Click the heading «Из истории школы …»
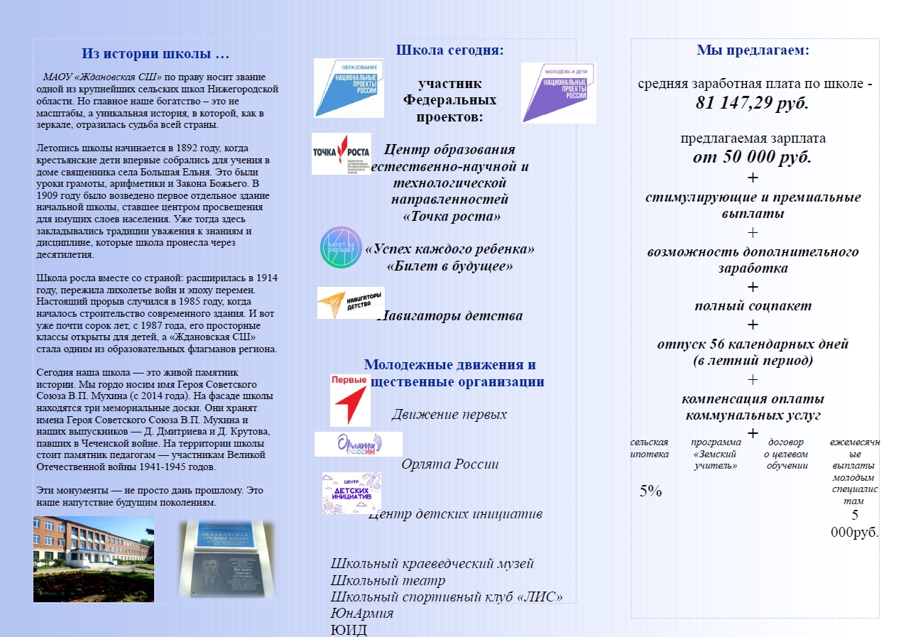click(155, 54)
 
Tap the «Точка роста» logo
click(341, 153)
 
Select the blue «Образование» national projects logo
click(349, 88)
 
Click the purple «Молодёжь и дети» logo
click(558, 92)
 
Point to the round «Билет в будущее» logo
click(341, 247)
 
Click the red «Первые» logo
click(349, 400)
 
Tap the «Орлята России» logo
click(358, 445)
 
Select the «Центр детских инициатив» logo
click(351, 493)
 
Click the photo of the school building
click(94, 559)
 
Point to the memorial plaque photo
click(226, 559)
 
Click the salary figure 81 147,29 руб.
click(752, 102)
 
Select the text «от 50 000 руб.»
click(752, 157)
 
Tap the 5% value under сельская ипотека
click(650, 490)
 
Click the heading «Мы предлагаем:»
click(753, 50)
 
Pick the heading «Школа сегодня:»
click(449, 50)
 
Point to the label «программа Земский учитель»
click(716, 454)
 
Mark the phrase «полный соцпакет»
click(753, 306)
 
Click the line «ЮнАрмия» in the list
click(362, 613)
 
